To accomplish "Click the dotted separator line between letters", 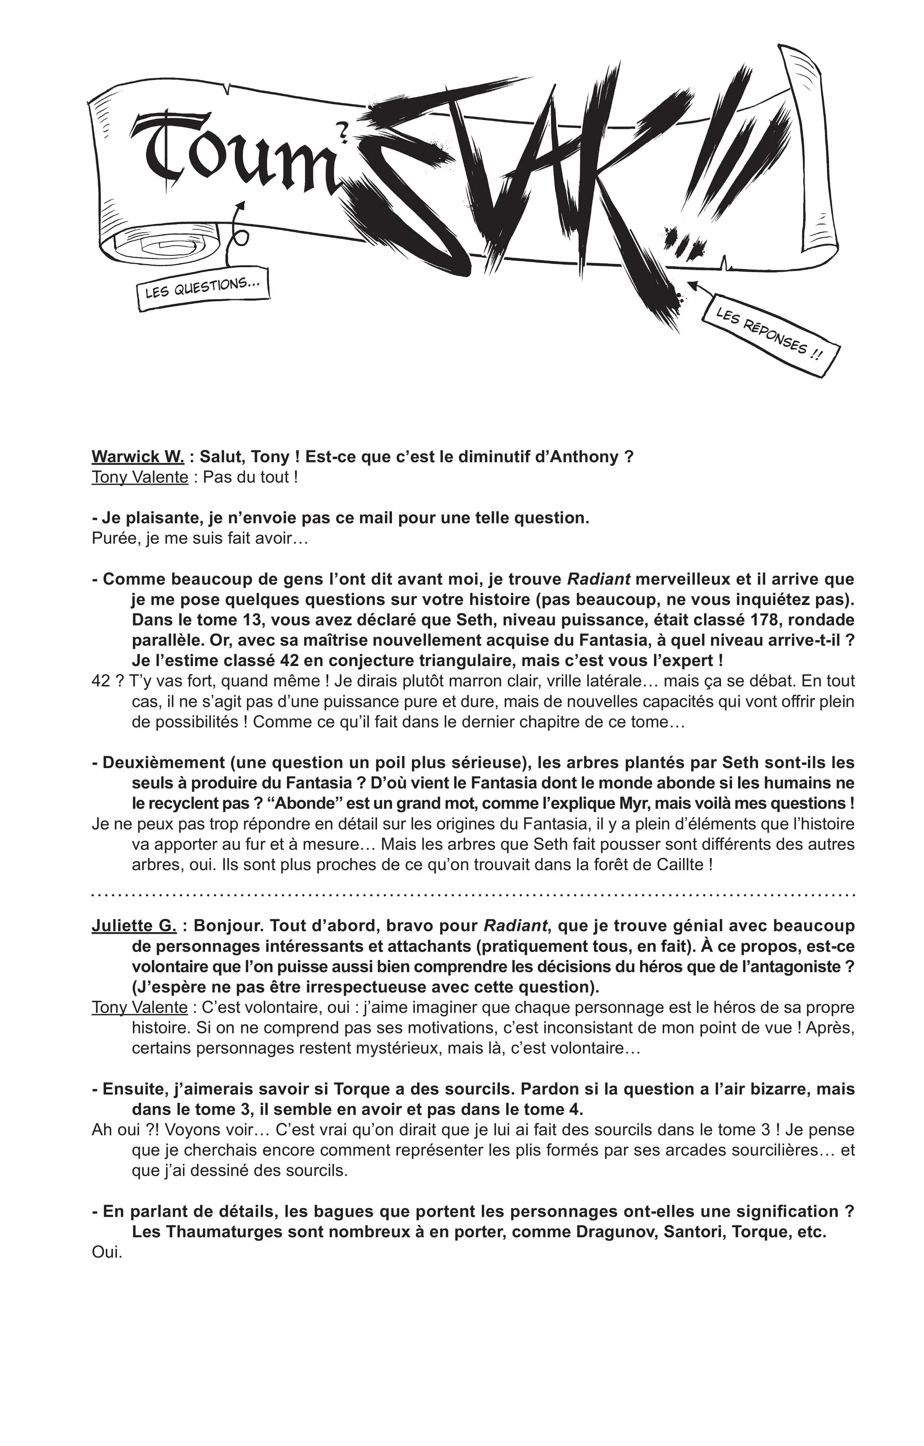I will coord(473,895).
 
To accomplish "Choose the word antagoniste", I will coord(789,966).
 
